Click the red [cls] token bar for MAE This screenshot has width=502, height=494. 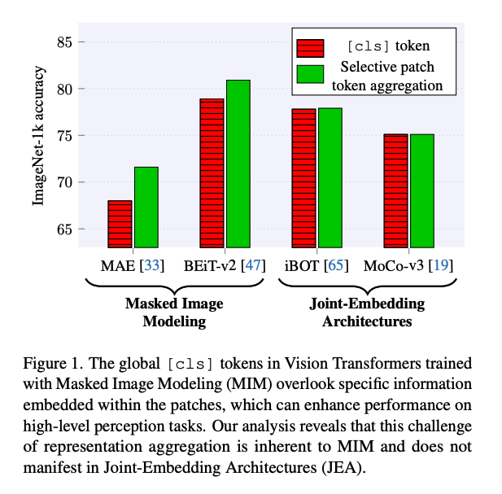coord(120,224)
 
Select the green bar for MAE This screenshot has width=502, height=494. coord(146,207)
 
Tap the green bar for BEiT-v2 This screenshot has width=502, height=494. coord(238,164)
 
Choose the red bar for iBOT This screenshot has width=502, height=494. coord(303,177)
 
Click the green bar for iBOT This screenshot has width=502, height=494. coord(330,177)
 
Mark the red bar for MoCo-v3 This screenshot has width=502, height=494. coord(395,190)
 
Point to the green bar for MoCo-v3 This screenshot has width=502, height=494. coord(421,190)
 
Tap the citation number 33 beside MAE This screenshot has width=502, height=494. coord(150,265)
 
